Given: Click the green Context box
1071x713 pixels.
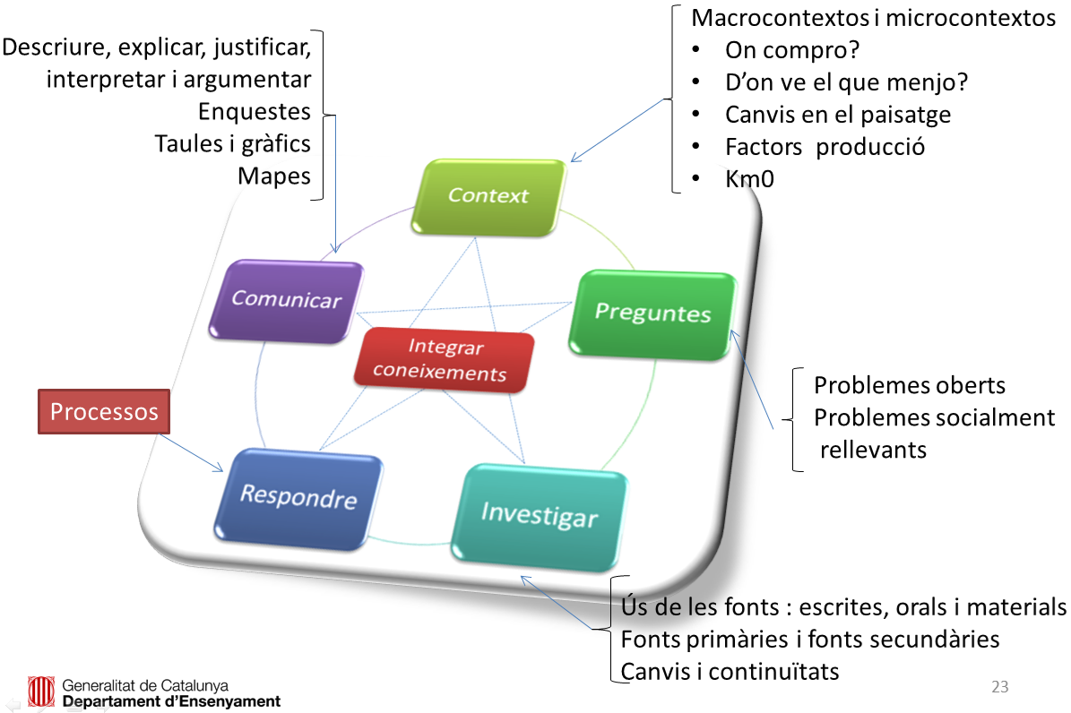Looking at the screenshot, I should click(x=490, y=196).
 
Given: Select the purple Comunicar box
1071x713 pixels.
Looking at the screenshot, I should click(x=287, y=300).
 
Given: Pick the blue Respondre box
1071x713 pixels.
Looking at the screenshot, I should click(x=298, y=497).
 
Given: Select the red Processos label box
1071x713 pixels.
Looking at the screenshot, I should click(x=104, y=411).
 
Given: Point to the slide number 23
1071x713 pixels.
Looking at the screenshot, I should click(x=1000, y=687).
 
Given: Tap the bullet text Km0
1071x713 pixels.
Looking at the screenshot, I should click(x=749, y=178).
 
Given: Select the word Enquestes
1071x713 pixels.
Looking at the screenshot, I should click(x=255, y=111).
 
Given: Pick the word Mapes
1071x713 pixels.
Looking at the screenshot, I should click(x=274, y=175).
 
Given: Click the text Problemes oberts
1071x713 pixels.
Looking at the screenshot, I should click(x=909, y=385).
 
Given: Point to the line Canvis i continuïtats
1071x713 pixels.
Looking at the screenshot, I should click(x=730, y=671).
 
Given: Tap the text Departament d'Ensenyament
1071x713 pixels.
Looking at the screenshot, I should click(x=171, y=701).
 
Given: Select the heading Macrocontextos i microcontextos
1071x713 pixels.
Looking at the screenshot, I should click(x=874, y=18).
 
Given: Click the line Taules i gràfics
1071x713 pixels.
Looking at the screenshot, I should click(x=232, y=142).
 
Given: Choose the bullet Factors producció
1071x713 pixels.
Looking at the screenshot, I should click(x=825, y=146).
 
